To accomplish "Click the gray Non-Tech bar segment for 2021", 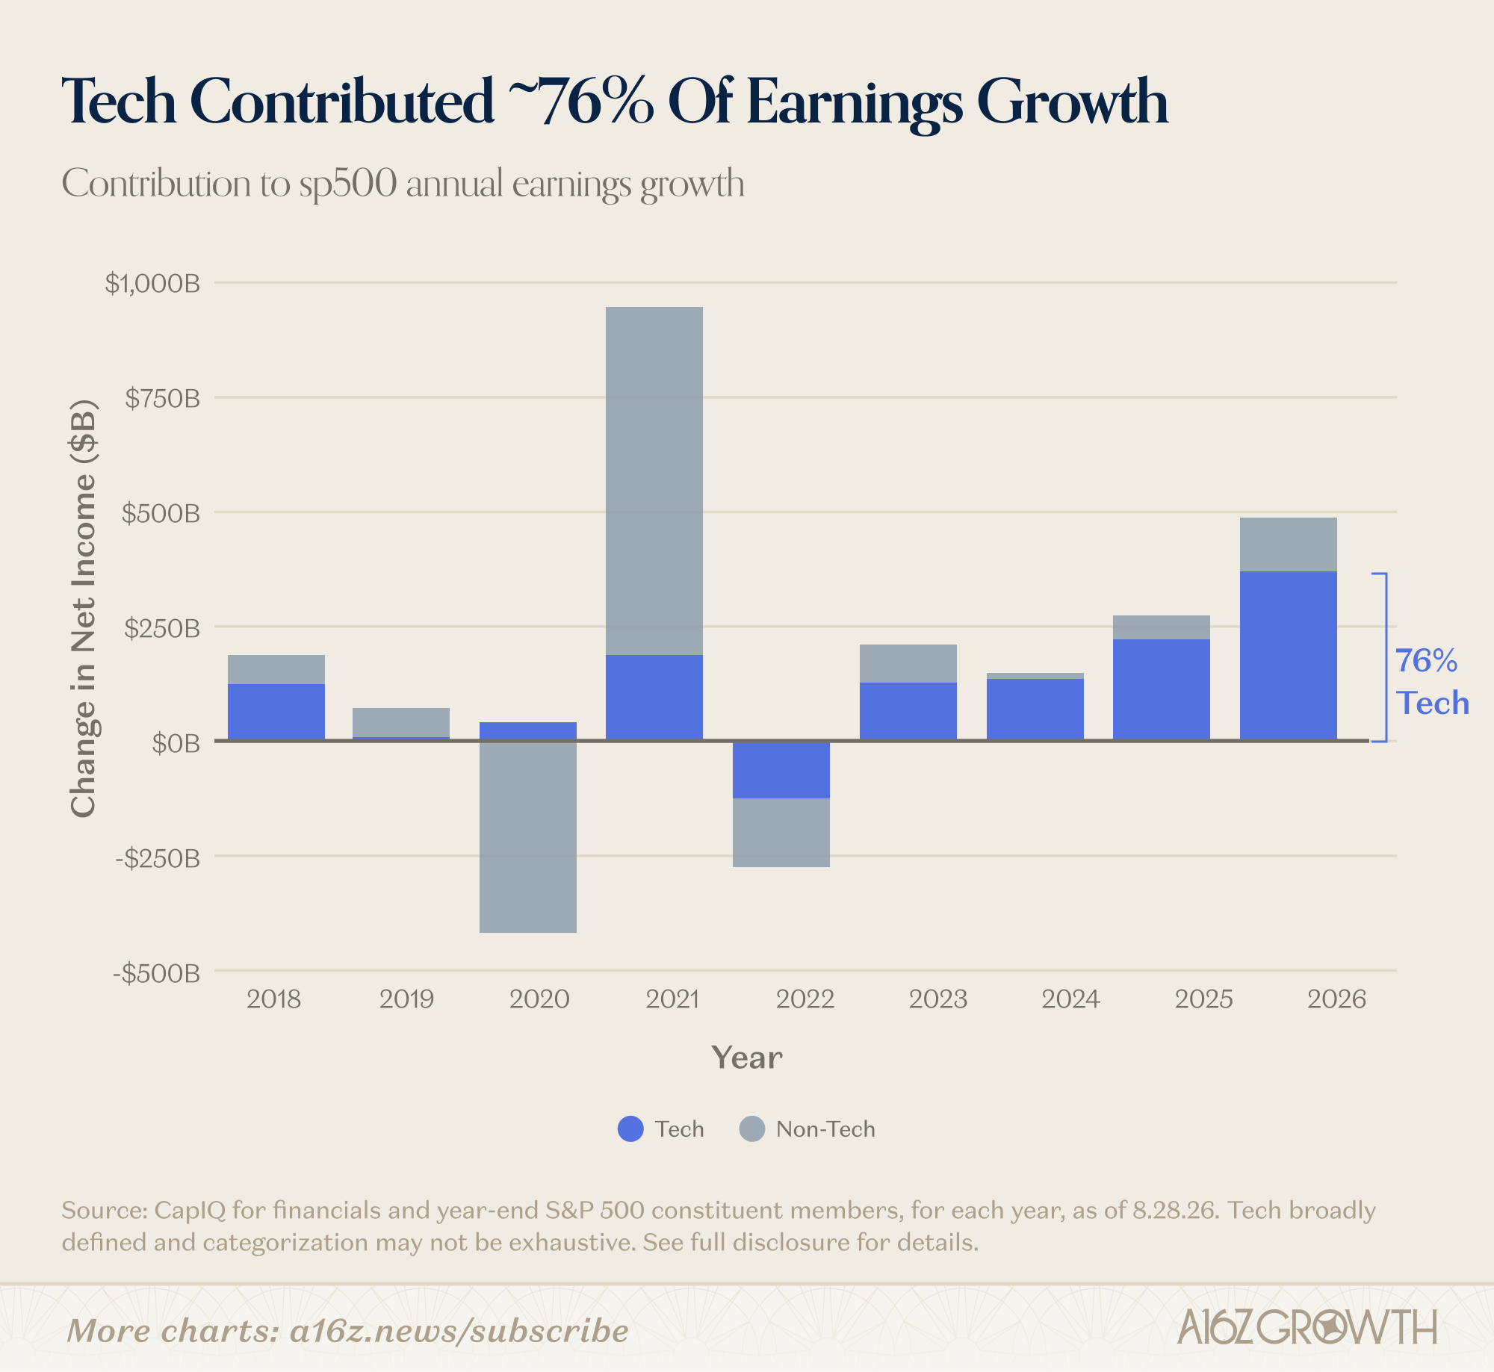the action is [654, 481].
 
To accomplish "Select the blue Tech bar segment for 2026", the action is [1288, 656].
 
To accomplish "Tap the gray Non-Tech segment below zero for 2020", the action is [527, 836].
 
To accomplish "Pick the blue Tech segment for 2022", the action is [781, 770].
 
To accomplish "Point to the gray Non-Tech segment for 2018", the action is [276, 669].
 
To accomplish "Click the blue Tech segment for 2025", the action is [1161, 690].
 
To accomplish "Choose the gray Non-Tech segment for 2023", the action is [908, 663].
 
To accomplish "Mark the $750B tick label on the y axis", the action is [163, 399].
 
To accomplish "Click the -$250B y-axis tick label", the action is [158, 858].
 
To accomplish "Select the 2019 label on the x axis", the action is [406, 999].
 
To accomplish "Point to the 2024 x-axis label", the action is [1070, 999].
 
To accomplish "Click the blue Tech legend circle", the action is [630, 1129].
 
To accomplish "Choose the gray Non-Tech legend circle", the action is [751, 1129].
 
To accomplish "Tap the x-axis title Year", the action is [747, 1058].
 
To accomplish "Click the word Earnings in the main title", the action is [854, 102].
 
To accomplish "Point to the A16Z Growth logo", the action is [1307, 1327].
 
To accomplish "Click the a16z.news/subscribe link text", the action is [459, 1331].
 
